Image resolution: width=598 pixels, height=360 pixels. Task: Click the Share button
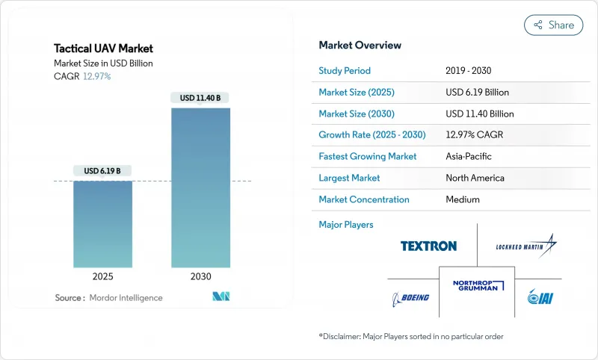click(x=553, y=25)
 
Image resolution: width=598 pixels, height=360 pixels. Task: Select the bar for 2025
click(x=102, y=224)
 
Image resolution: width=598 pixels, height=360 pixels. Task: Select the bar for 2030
click(x=200, y=187)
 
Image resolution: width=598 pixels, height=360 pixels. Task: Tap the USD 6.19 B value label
click(x=102, y=171)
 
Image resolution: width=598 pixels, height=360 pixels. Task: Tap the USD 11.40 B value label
click(x=200, y=98)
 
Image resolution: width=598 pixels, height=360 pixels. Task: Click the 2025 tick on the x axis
click(x=102, y=276)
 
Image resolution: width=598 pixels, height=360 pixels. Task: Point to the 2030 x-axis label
click(x=200, y=276)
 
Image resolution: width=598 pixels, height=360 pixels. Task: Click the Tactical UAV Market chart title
click(x=103, y=49)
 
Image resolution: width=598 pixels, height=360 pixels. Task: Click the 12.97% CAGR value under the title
click(x=96, y=76)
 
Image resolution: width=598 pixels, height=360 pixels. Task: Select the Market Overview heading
click(x=360, y=46)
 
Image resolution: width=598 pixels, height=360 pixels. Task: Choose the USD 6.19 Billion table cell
click(x=477, y=93)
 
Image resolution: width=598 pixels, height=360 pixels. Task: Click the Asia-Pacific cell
click(x=469, y=157)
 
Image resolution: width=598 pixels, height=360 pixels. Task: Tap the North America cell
click(x=474, y=178)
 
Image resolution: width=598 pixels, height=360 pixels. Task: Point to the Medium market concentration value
click(x=462, y=199)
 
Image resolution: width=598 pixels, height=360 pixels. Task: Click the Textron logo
click(x=428, y=246)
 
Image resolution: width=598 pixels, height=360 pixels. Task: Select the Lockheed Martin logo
click(x=528, y=246)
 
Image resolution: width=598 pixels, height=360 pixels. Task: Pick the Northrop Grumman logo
click(x=478, y=285)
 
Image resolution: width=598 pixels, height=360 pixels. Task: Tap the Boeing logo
click(x=411, y=298)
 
